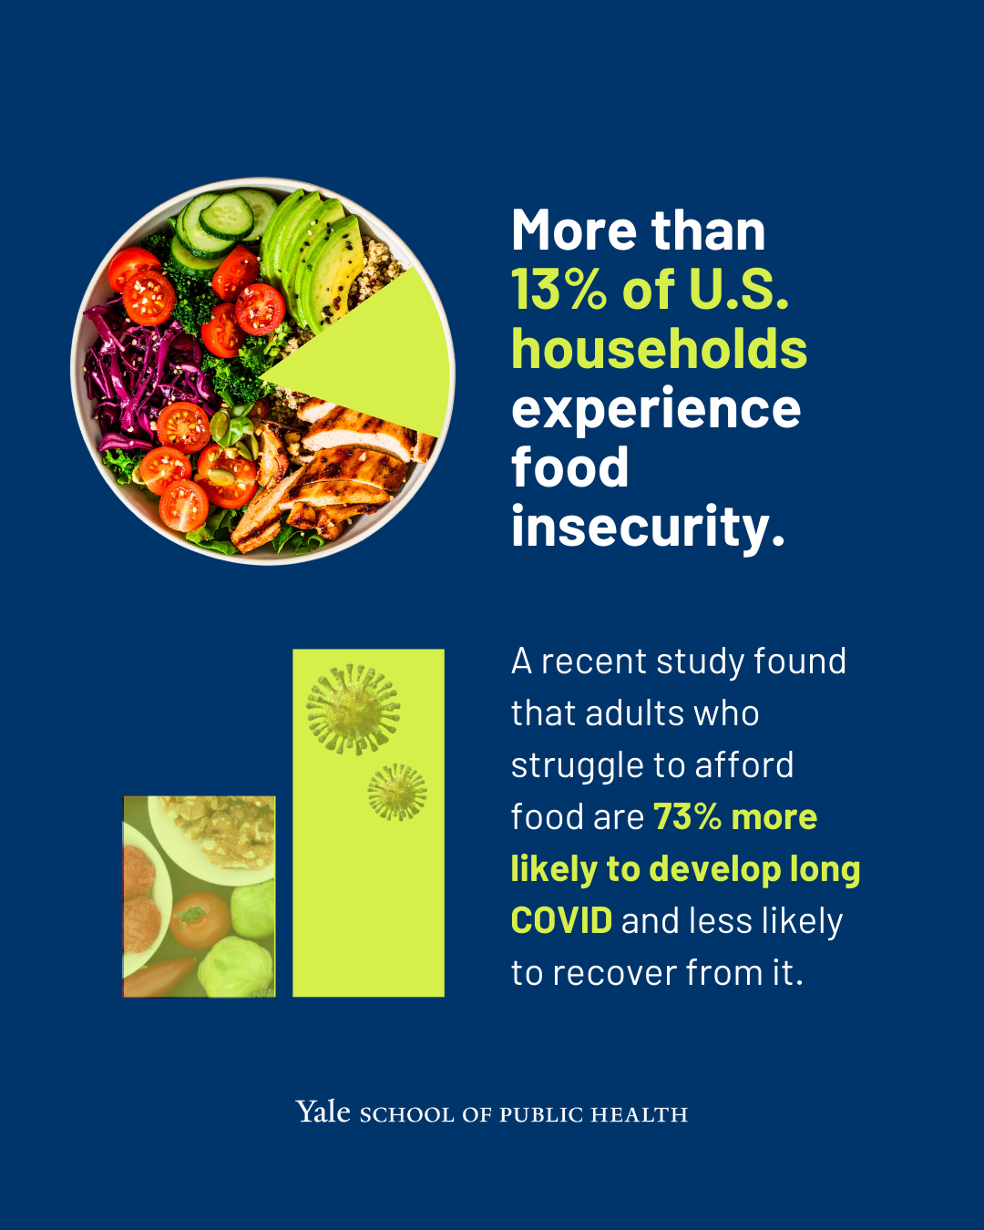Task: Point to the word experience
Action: [656, 410]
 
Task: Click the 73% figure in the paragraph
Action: [687, 816]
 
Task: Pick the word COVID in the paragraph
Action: [561, 921]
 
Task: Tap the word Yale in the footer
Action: [323, 1112]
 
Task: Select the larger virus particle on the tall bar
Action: [353, 710]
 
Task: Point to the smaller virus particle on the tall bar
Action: [397, 792]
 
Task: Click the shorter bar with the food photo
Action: [199, 897]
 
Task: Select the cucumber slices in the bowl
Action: [223, 226]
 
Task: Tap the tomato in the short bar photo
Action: [200, 919]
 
